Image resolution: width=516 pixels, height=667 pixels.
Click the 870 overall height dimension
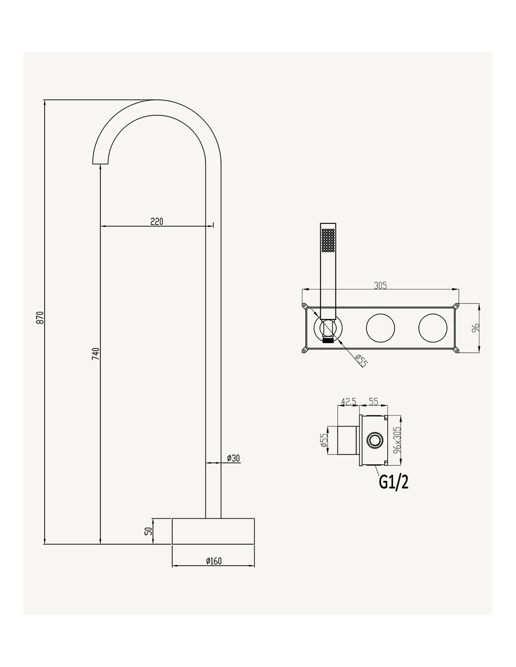[x=40, y=318]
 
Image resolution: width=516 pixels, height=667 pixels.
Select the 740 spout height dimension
[x=96, y=354]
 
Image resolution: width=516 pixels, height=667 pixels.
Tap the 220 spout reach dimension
[x=157, y=221]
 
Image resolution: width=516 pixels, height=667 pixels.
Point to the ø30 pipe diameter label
[x=233, y=458]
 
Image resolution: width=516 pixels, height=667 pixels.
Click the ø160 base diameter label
[x=213, y=561]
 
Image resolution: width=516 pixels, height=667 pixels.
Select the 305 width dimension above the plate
[x=380, y=286]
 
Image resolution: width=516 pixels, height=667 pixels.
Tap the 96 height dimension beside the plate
[x=475, y=327]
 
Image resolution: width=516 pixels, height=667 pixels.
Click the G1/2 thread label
[x=394, y=482]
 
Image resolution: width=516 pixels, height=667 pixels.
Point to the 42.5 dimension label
[x=349, y=402]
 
